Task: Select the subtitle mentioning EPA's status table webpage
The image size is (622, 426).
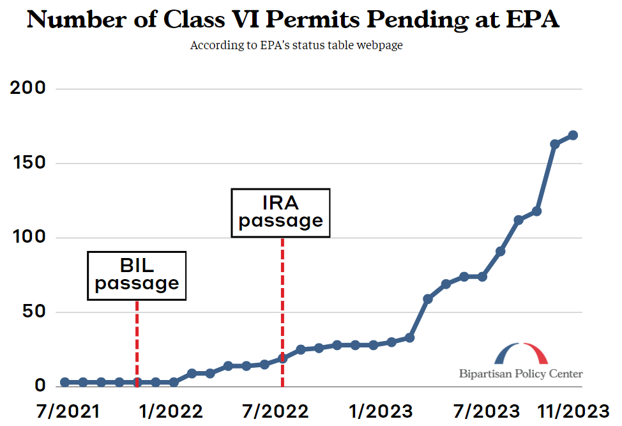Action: (x=296, y=46)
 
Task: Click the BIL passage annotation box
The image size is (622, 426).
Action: (x=137, y=275)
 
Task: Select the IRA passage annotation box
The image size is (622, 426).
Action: (x=281, y=213)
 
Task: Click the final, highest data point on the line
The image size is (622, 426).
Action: (x=573, y=135)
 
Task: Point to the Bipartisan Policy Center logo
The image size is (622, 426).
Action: (x=521, y=361)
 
